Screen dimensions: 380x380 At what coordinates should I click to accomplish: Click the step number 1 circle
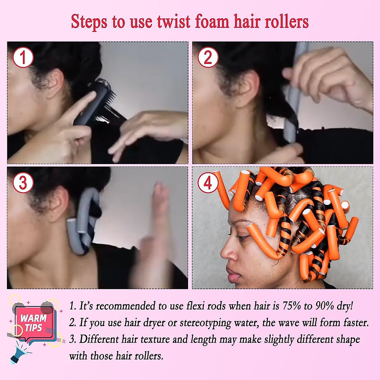(x=23, y=58)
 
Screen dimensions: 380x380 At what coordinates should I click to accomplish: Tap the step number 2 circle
(x=208, y=58)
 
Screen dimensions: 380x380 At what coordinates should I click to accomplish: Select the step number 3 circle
(x=23, y=183)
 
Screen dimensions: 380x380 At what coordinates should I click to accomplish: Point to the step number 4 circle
(x=208, y=183)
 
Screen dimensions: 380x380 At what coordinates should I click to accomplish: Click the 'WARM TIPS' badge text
(x=34, y=323)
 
